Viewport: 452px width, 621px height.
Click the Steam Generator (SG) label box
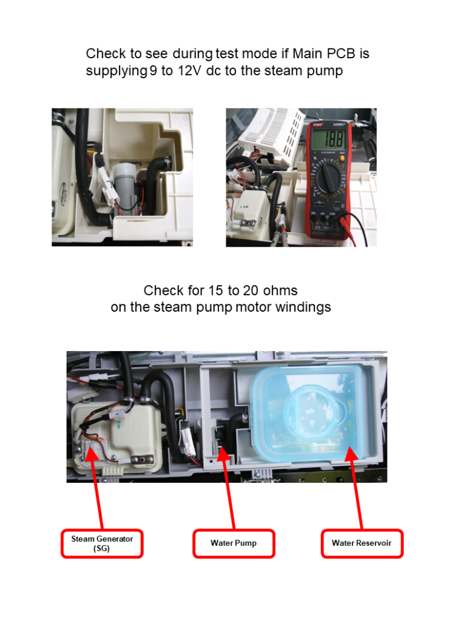pos(102,543)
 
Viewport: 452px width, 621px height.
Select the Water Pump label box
pos(234,543)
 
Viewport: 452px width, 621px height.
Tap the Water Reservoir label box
pos(362,543)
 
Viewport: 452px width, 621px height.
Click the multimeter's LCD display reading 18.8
pos(328,139)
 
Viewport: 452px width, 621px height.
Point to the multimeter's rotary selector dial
pos(327,178)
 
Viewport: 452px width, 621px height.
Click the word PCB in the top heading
pos(341,53)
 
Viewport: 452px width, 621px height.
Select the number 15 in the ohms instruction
pos(215,290)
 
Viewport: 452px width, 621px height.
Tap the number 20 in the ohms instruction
pos(251,290)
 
